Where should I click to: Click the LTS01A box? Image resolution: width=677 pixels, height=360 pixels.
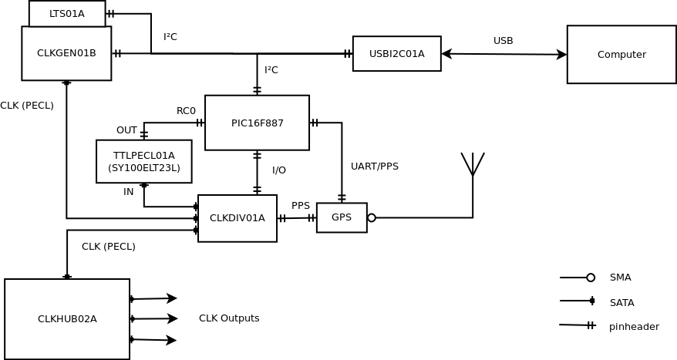[x=67, y=14]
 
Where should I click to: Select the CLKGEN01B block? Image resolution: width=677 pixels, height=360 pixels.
[x=66, y=53]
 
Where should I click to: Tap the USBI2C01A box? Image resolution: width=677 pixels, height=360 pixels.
[x=396, y=54]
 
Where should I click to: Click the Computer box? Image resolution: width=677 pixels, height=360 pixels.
[x=621, y=55]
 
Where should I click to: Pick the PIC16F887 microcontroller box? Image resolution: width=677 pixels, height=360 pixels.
[x=257, y=123]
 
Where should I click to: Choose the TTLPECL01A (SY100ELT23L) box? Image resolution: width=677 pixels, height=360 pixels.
[x=143, y=161]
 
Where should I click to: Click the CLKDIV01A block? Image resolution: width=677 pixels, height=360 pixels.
[x=237, y=218]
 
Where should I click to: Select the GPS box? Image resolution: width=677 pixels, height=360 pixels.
[x=342, y=217]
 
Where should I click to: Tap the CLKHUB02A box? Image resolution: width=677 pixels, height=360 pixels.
[x=67, y=319]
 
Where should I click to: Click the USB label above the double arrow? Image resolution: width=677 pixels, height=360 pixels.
[x=503, y=41]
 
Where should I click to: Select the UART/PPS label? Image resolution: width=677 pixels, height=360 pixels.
[x=375, y=167]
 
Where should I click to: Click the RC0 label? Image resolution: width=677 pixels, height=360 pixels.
[x=186, y=111]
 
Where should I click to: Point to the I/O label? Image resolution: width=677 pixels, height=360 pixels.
[x=279, y=170]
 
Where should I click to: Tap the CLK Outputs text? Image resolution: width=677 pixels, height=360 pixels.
[x=229, y=318]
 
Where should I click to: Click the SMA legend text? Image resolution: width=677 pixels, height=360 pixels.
[x=620, y=278]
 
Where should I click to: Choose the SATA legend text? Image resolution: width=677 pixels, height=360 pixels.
[x=621, y=303]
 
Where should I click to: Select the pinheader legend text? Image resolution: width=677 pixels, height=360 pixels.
[x=634, y=327]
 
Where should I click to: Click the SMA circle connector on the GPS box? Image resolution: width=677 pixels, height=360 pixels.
[x=372, y=218]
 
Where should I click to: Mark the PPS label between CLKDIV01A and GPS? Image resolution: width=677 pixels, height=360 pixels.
[x=301, y=206]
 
